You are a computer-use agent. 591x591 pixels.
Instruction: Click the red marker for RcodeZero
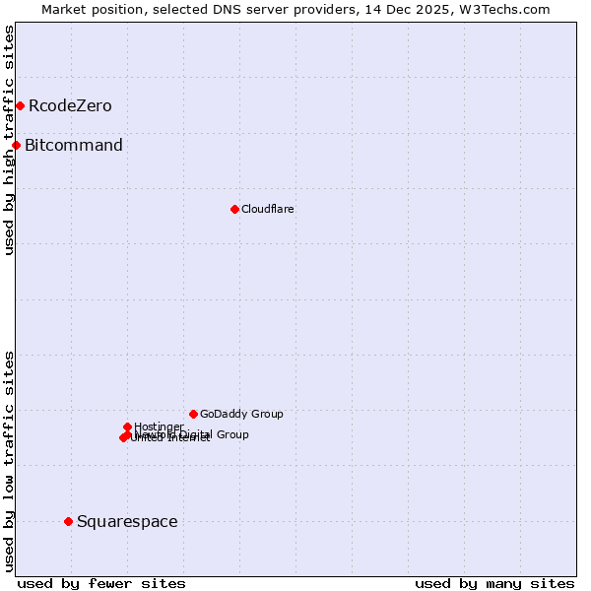click(20, 105)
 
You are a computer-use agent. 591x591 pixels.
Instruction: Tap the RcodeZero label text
click(70, 106)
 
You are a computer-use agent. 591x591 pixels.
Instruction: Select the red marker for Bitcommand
click(16, 146)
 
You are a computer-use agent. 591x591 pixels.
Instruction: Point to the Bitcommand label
click(74, 146)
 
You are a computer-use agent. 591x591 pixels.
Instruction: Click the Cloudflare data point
click(234, 209)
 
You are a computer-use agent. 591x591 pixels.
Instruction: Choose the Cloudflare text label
click(267, 209)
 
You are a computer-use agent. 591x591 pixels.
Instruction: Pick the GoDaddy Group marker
click(193, 414)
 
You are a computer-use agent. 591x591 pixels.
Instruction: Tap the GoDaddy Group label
click(241, 415)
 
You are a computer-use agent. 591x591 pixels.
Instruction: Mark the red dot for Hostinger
click(127, 427)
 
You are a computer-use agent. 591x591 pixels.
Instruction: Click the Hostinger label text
click(159, 427)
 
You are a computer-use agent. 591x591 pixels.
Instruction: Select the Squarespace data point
click(68, 521)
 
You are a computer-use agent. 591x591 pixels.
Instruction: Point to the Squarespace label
click(127, 522)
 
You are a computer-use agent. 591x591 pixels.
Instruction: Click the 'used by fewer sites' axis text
click(101, 583)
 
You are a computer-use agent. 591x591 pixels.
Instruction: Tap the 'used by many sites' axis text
click(494, 583)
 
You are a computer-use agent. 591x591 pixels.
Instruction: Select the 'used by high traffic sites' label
click(9, 140)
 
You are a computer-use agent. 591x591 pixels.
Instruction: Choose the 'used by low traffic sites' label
click(9, 461)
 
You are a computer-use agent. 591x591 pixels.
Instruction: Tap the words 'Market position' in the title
click(94, 9)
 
